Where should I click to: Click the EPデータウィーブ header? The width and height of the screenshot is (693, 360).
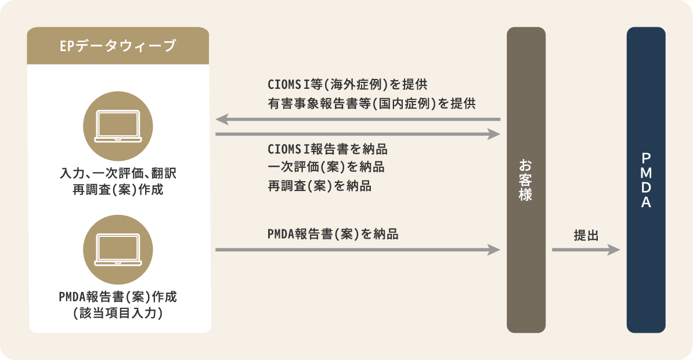[118, 45]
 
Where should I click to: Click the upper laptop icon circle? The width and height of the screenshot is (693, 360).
[118, 126]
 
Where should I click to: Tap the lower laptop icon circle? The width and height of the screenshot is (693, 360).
[118, 250]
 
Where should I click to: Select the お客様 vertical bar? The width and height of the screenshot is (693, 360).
[526, 180]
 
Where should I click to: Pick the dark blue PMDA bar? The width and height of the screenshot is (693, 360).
[646, 180]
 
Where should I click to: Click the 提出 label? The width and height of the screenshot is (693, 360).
[586, 236]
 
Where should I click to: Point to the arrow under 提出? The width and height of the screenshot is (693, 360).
[586, 250]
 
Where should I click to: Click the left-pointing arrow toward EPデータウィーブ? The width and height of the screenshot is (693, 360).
[358, 120]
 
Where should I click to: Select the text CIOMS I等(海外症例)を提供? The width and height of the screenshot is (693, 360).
[348, 84]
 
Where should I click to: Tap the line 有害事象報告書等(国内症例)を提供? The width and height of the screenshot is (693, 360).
[371, 103]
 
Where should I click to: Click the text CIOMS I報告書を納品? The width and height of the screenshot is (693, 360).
[327, 149]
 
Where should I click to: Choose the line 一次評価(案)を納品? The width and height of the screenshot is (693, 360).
[326, 167]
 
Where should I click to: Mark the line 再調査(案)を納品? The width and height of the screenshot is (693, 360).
[320, 186]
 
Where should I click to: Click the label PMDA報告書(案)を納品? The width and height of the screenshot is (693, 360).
[333, 234]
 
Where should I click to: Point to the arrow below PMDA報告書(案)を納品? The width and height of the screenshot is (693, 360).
[358, 250]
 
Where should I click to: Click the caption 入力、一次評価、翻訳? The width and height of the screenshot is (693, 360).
[118, 173]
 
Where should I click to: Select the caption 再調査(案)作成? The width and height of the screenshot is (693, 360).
[118, 190]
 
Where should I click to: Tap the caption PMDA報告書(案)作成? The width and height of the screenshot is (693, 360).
[118, 297]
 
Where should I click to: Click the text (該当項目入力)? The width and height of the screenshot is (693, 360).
[118, 313]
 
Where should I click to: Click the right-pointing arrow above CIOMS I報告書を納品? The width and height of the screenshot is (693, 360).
[358, 134]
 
